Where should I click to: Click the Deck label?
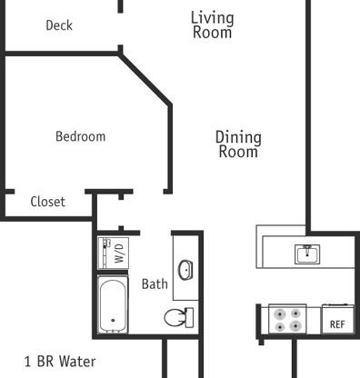(59, 25)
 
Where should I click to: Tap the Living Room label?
(212, 25)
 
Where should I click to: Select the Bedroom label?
(81, 136)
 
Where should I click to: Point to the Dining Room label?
(238, 144)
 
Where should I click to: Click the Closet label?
(48, 202)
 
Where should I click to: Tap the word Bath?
(155, 284)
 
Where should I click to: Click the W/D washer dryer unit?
(114, 254)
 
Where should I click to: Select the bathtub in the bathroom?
(113, 304)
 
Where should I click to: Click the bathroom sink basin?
(185, 270)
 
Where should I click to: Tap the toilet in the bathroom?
(179, 317)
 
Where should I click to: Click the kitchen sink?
(307, 254)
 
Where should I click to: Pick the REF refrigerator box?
(337, 319)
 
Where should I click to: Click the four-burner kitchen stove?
(287, 319)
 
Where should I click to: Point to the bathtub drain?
(113, 320)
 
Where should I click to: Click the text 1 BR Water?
(60, 362)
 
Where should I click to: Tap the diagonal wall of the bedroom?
(145, 79)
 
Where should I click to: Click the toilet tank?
(189, 317)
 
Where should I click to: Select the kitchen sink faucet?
(307, 249)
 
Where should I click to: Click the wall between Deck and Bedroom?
(62, 54)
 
